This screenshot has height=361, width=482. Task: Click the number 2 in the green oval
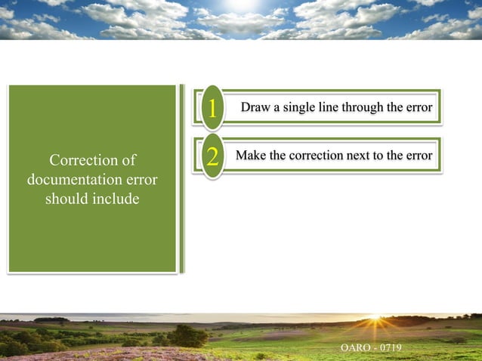click(212, 157)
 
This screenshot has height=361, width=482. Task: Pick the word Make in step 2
click(251, 156)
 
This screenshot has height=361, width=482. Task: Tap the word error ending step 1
click(418, 107)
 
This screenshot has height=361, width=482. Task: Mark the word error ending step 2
click(418, 156)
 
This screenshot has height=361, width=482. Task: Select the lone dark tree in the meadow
click(187, 335)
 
